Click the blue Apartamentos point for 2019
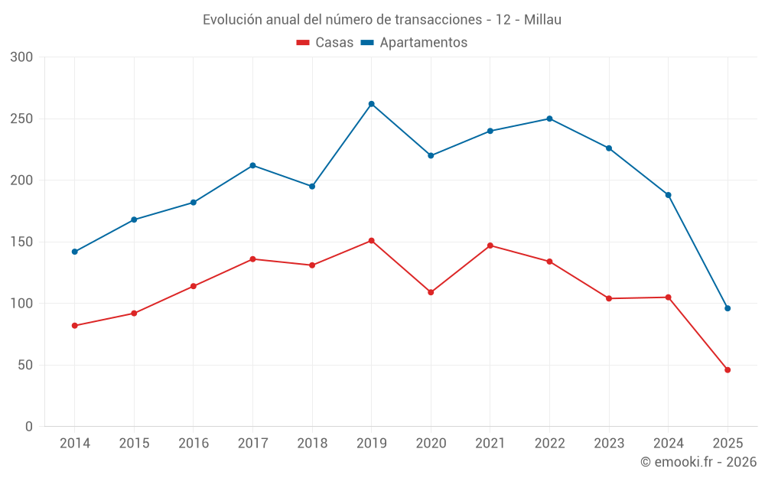pos(371,104)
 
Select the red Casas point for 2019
pos(371,240)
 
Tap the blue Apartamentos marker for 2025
pos(728,308)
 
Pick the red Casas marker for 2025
pos(728,370)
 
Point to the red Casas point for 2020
pos(431,292)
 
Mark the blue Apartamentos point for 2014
pos(74,252)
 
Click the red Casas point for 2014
pos(74,326)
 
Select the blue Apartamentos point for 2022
pos(549,119)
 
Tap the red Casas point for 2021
pos(490,246)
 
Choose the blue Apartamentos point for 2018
pos(312,187)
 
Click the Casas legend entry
pos(325,43)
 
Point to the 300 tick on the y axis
pos(22,57)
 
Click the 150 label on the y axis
pos(22,242)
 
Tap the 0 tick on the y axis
pos(29,427)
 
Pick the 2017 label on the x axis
pos(252,444)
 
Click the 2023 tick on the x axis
pos(609,444)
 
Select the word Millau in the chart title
pos(543,20)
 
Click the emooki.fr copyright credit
pos(698,462)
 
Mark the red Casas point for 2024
pos(668,298)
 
